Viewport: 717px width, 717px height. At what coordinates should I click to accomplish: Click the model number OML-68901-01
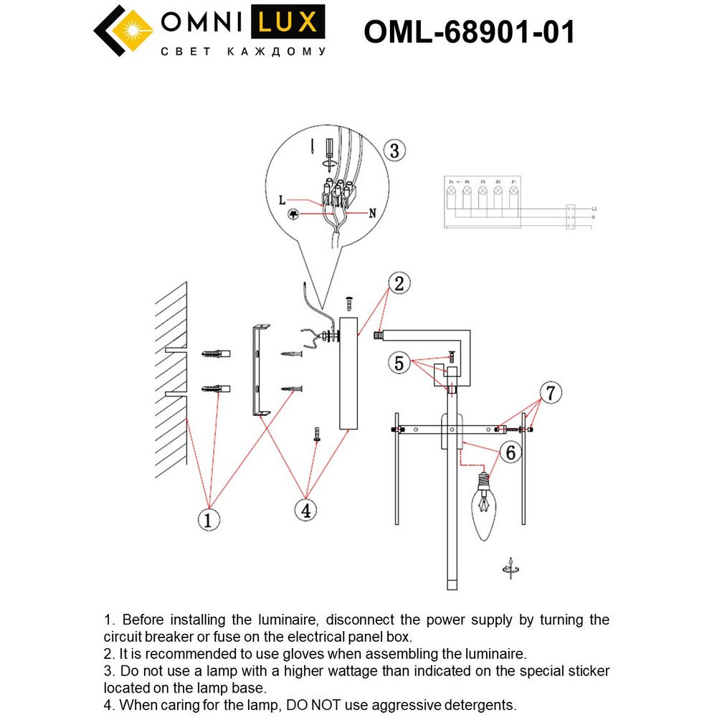469,32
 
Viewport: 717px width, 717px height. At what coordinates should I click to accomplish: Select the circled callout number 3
394,151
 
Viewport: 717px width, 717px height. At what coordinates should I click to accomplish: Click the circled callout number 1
209,518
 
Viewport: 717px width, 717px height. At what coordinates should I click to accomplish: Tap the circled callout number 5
399,363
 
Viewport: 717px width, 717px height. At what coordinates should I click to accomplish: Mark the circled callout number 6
511,452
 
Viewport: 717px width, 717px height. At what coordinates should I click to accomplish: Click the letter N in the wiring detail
372,213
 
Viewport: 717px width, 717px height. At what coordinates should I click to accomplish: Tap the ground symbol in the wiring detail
293,215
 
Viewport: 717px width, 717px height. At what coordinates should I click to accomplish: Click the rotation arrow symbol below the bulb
510,566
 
